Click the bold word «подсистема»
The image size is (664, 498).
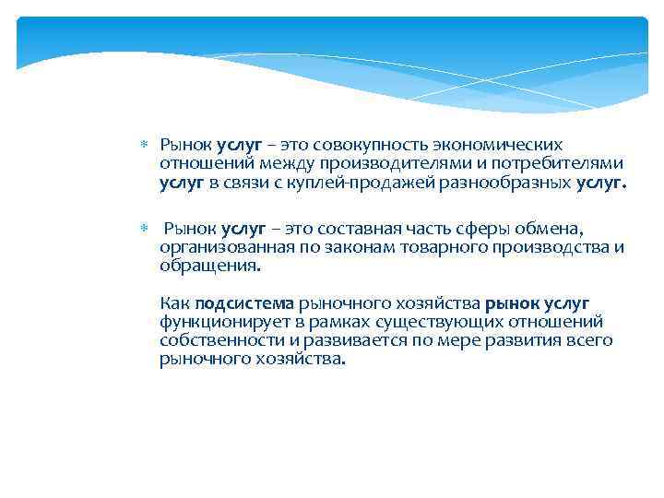244,303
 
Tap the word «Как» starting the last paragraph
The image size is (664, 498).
174,303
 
